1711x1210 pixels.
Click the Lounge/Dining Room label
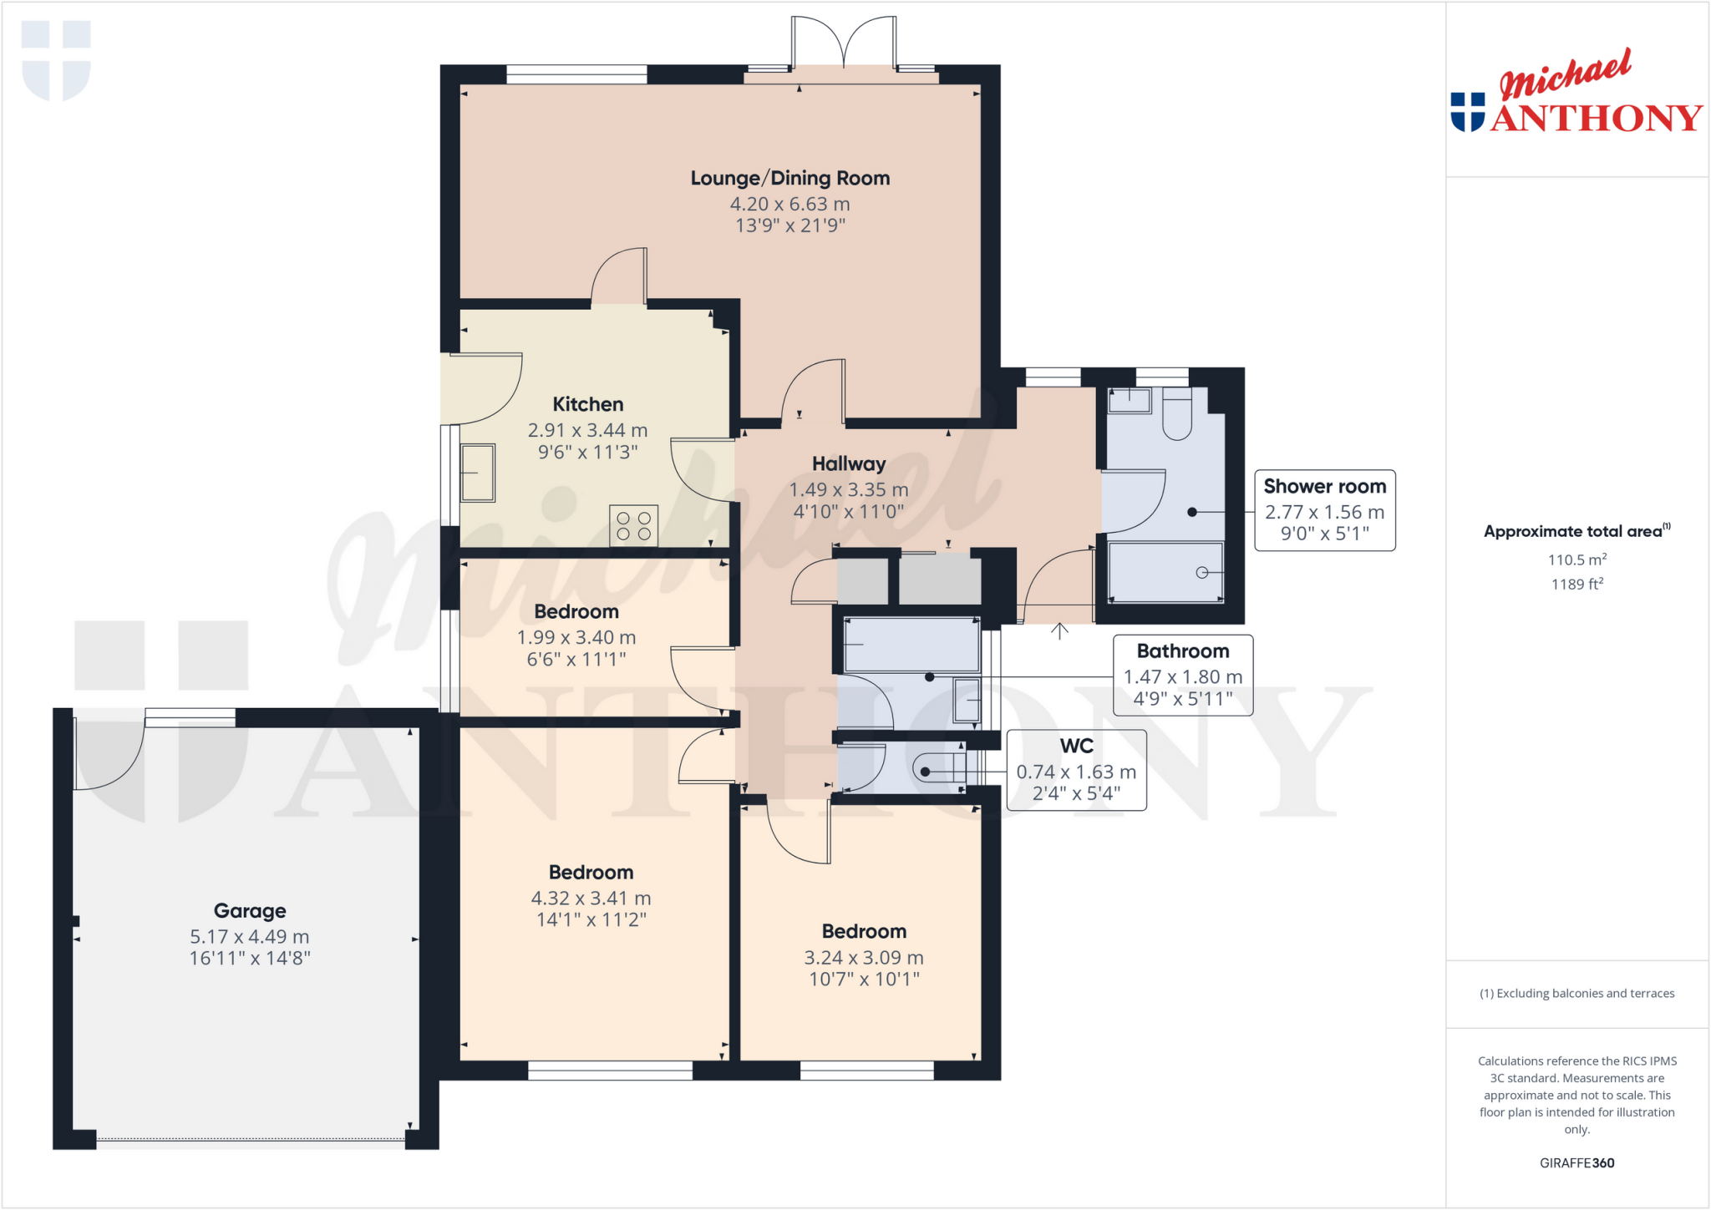[789, 178]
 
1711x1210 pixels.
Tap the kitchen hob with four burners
[633, 526]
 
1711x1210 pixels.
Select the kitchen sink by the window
[477, 473]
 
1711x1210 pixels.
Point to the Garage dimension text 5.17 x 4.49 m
[249, 937]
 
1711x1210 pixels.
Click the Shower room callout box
[1324, 510]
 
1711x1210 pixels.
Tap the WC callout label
[1076, 747]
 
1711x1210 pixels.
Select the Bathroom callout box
[1182, 676]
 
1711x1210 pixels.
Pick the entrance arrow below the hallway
[1059, 630]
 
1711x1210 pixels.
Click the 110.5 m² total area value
[1576, 560]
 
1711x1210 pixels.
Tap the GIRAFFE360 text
[1576, 1162]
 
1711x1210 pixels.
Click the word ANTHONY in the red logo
[1596, 118]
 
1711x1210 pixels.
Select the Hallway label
[848, 464]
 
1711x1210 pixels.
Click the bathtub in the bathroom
[911, 645]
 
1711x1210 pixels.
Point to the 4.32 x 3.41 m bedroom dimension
[591, 899]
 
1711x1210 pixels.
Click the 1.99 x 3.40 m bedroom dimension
[576, 638]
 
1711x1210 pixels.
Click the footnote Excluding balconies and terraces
[1576, 994]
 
